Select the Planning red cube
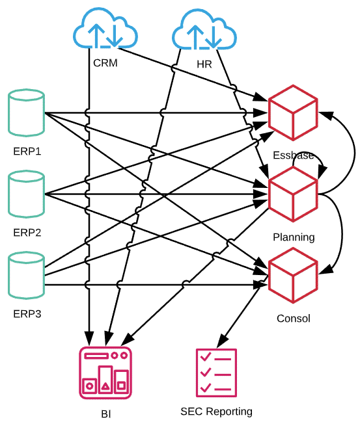293,194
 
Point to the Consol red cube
293,276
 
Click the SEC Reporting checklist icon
216,372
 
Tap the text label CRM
105,63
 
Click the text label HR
204,64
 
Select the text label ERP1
27,152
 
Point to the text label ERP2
27,233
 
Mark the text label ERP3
27,314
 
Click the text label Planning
294,237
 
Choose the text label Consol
294,319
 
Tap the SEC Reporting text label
216,412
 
